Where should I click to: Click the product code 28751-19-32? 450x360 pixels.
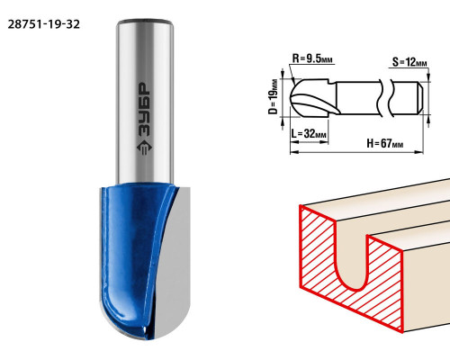[x=44, y=24]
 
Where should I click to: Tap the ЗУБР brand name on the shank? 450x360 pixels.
[x=144, y=108]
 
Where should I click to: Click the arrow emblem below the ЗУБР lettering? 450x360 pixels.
[x=144, y=147]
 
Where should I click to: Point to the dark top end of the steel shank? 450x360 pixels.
[x=145, y=22]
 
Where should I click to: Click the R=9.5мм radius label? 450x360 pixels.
[x=312, y=58]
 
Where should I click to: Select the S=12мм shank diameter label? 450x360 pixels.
[x=409, y=62]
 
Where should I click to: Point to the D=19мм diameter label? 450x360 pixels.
[x=274, y=96]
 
